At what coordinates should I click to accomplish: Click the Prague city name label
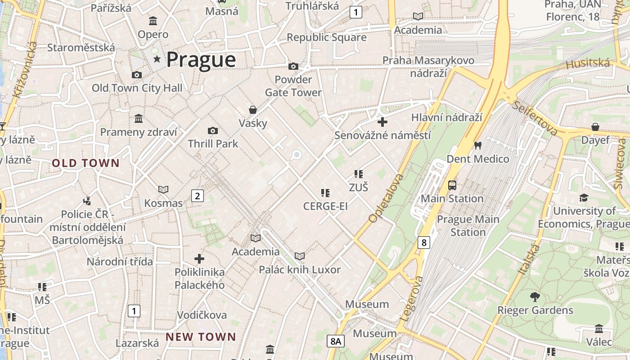[x=201, y=60]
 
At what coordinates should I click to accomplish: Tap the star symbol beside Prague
[x=157, y=59]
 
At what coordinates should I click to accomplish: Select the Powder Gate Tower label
[x=293, y=86]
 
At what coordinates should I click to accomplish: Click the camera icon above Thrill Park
[x=213, y=131]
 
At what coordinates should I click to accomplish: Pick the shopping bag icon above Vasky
[x=253, y=110]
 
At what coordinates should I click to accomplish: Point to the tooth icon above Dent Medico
[x=478, y=146]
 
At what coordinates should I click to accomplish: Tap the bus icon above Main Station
[x=452, y=185]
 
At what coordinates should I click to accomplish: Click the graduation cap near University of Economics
[x=584, y=198]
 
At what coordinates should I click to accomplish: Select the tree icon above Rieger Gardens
[x=535, y=297]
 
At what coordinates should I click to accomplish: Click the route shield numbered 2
[x=197, y=196]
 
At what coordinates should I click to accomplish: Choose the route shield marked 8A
[x=336, y=341]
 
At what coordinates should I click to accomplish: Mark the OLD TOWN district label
[x=85, y=163]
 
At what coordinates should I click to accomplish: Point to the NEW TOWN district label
[x=201, y=337]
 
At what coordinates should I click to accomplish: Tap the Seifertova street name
[x=535, y=117]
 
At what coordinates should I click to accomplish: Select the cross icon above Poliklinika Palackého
[x=199, y=259]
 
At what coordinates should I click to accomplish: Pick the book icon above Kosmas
[x=163, y=190]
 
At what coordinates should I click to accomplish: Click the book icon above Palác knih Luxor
[x=300, y=256]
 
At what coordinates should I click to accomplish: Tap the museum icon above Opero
[x=153, y=21]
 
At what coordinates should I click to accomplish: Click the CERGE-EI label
[x=325, y=207]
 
